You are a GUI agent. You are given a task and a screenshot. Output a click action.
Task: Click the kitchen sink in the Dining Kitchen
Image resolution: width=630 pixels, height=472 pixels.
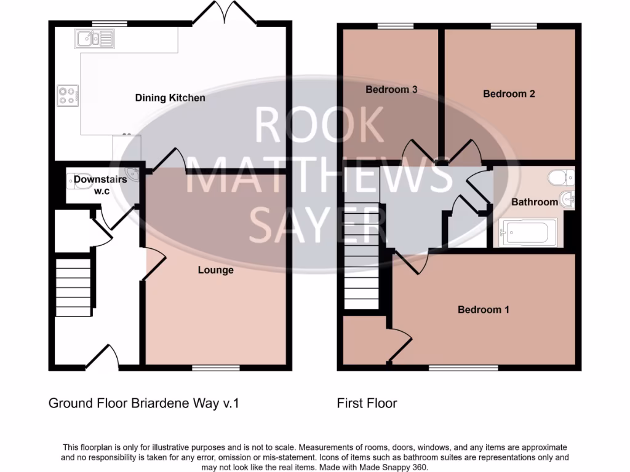pyautogui.click(x=94, y=39)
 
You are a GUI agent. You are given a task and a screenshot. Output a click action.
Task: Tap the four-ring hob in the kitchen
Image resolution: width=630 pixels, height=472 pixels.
pyautogui.click(x=66, y=95)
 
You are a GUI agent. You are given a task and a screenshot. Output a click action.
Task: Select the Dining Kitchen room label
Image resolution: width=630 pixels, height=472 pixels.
pyautogui.click(x=170, y=98)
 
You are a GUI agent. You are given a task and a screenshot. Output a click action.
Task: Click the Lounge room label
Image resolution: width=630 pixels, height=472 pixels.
pyautogui.click(x=215, y=270)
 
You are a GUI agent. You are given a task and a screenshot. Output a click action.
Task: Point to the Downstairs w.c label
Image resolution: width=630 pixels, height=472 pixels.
pyautogui.click(x=100, y=185)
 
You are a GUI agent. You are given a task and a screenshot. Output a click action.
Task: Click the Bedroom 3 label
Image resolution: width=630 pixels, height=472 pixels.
pyautogui.click(x=391, y=90)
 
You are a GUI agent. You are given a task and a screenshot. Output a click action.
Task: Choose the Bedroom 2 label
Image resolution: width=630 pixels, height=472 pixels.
pyautogui.click(x=509, y=94)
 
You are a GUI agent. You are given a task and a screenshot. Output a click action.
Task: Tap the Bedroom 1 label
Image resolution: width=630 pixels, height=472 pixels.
pyautogui.click(x=483, y=310)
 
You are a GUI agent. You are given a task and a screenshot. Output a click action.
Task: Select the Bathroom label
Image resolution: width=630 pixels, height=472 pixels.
pyautogui.click(x=535, y=202)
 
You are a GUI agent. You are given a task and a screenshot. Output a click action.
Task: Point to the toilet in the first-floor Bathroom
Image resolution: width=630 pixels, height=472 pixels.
pyautogui.click(x=560, y=178)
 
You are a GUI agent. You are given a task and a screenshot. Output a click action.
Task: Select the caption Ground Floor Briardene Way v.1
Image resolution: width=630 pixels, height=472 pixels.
pyautogui.click(x=143, y=404)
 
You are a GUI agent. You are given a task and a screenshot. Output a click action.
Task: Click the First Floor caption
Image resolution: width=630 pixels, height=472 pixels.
pyautogui.click(x=367, y=404)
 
